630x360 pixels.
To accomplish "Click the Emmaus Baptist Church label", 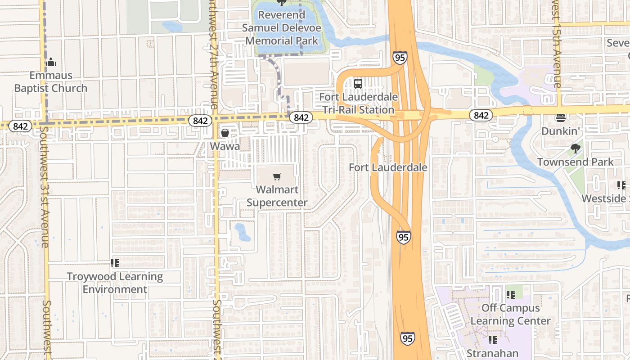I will click(50, 82).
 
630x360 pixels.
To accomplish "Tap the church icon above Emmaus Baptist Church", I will click(51, 62).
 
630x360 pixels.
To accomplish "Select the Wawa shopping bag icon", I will click(225, 132).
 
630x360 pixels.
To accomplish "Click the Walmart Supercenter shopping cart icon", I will click(277, 177).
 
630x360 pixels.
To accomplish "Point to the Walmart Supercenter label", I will click(277, 196).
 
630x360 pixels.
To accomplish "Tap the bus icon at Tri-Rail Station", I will click(358, 83).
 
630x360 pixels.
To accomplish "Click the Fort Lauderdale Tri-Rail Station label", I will click(358, 103).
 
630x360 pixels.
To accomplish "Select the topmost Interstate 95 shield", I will click(400, 57).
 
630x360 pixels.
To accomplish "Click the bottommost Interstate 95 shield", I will click(407, 338).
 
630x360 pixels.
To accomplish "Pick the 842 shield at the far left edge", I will click(20, 126).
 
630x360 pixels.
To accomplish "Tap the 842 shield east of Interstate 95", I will click(481, 115).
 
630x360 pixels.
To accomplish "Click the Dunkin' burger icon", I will click(560, 118).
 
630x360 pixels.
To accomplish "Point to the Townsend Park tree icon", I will click(575, 148).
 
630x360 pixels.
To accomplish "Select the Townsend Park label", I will click(575, 162).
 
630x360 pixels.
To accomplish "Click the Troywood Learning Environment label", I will click(115, 283).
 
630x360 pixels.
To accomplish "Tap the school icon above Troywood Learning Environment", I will click(114, 263).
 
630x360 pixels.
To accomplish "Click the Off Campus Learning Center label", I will click(510, 315).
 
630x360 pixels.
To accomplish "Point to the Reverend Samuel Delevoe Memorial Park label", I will click(282, 28).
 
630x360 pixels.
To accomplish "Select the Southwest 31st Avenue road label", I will click(45, 187).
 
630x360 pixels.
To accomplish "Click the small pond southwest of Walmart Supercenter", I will click(242, 232).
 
